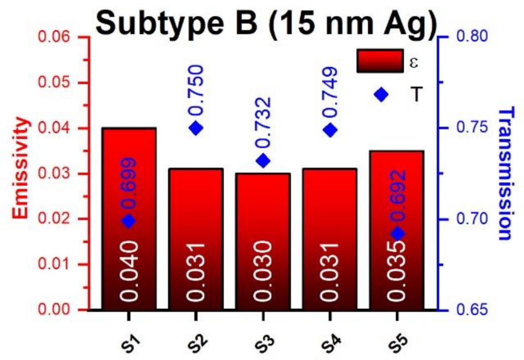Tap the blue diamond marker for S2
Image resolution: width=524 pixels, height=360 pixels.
(x=196, y=128)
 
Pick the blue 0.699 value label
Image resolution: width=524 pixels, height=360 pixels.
(x=129, y=183)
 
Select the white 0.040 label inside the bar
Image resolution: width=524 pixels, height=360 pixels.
(x=129, y=271)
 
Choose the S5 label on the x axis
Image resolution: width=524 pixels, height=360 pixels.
(x=395, y=341)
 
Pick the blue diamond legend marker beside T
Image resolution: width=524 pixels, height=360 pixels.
(x=381, y=94)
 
